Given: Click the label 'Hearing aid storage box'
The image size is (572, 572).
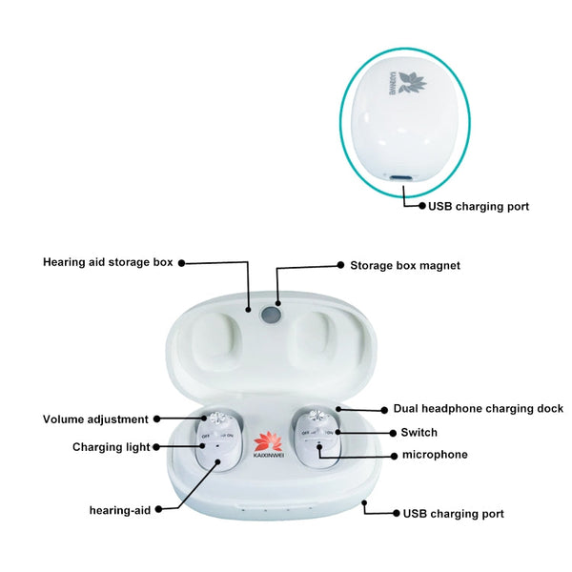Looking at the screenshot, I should click(x=108, y=261).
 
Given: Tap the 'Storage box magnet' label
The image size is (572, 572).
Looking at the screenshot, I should click(x=405, y=265).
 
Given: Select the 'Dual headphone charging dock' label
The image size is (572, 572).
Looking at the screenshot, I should click(x=478, y=408).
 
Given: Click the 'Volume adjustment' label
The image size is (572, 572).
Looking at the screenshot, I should click(x=95, y=419).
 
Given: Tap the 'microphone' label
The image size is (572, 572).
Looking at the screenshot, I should click(x=435, y=455).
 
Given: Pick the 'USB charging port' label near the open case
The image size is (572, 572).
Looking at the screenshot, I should click(x=453, y=514).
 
